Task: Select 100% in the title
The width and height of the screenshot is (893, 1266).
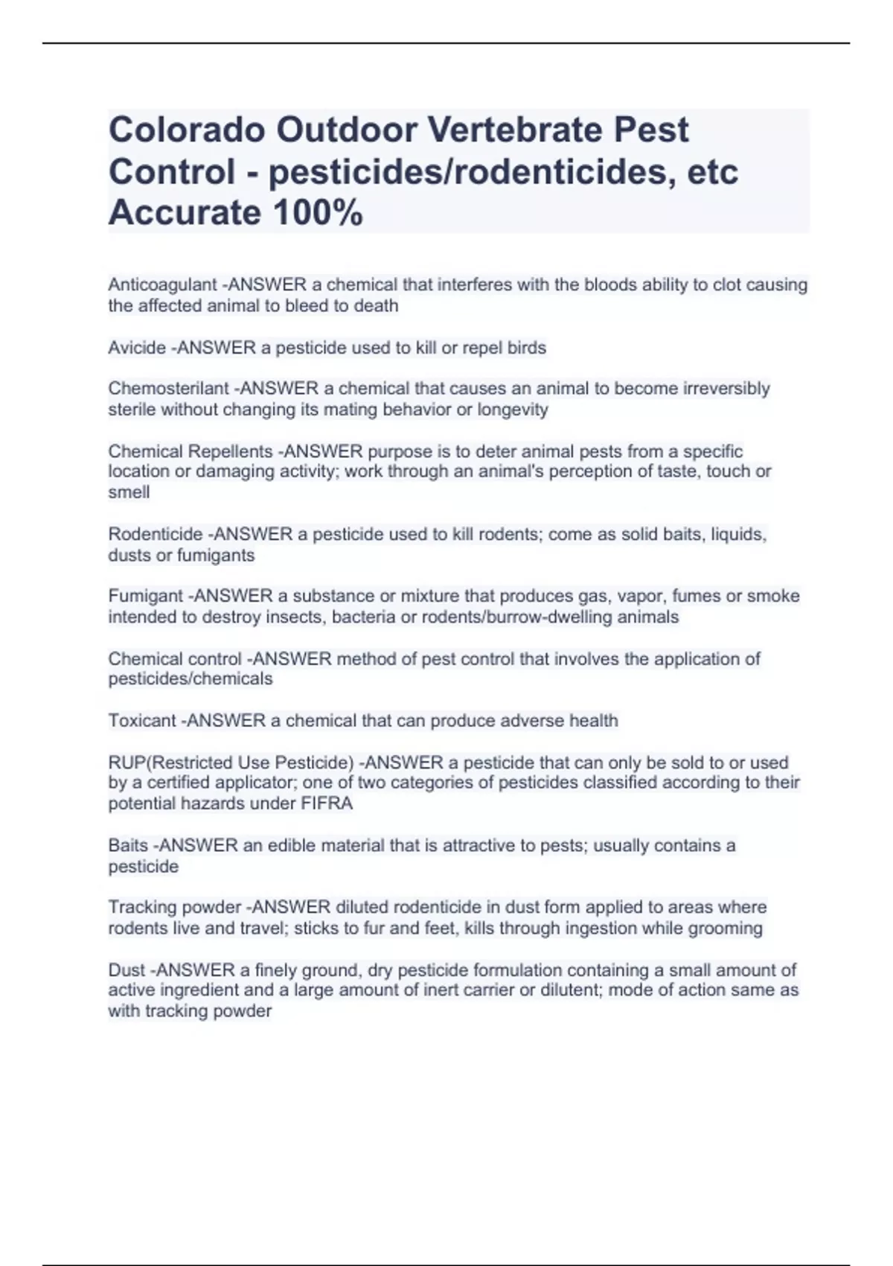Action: tap(318, 214)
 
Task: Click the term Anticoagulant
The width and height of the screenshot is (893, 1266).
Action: tap(162, 285)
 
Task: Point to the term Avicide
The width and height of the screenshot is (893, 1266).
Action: tap(137, 348)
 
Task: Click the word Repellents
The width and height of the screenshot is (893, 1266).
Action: tap(230, 451)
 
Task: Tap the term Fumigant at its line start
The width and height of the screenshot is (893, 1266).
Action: tap(145, 596)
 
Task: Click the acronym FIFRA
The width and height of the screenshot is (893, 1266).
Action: tap(327, 804)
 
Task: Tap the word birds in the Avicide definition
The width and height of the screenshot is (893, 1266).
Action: tap(526, 348)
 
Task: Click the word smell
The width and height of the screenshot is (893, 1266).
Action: tap(129, 492)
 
